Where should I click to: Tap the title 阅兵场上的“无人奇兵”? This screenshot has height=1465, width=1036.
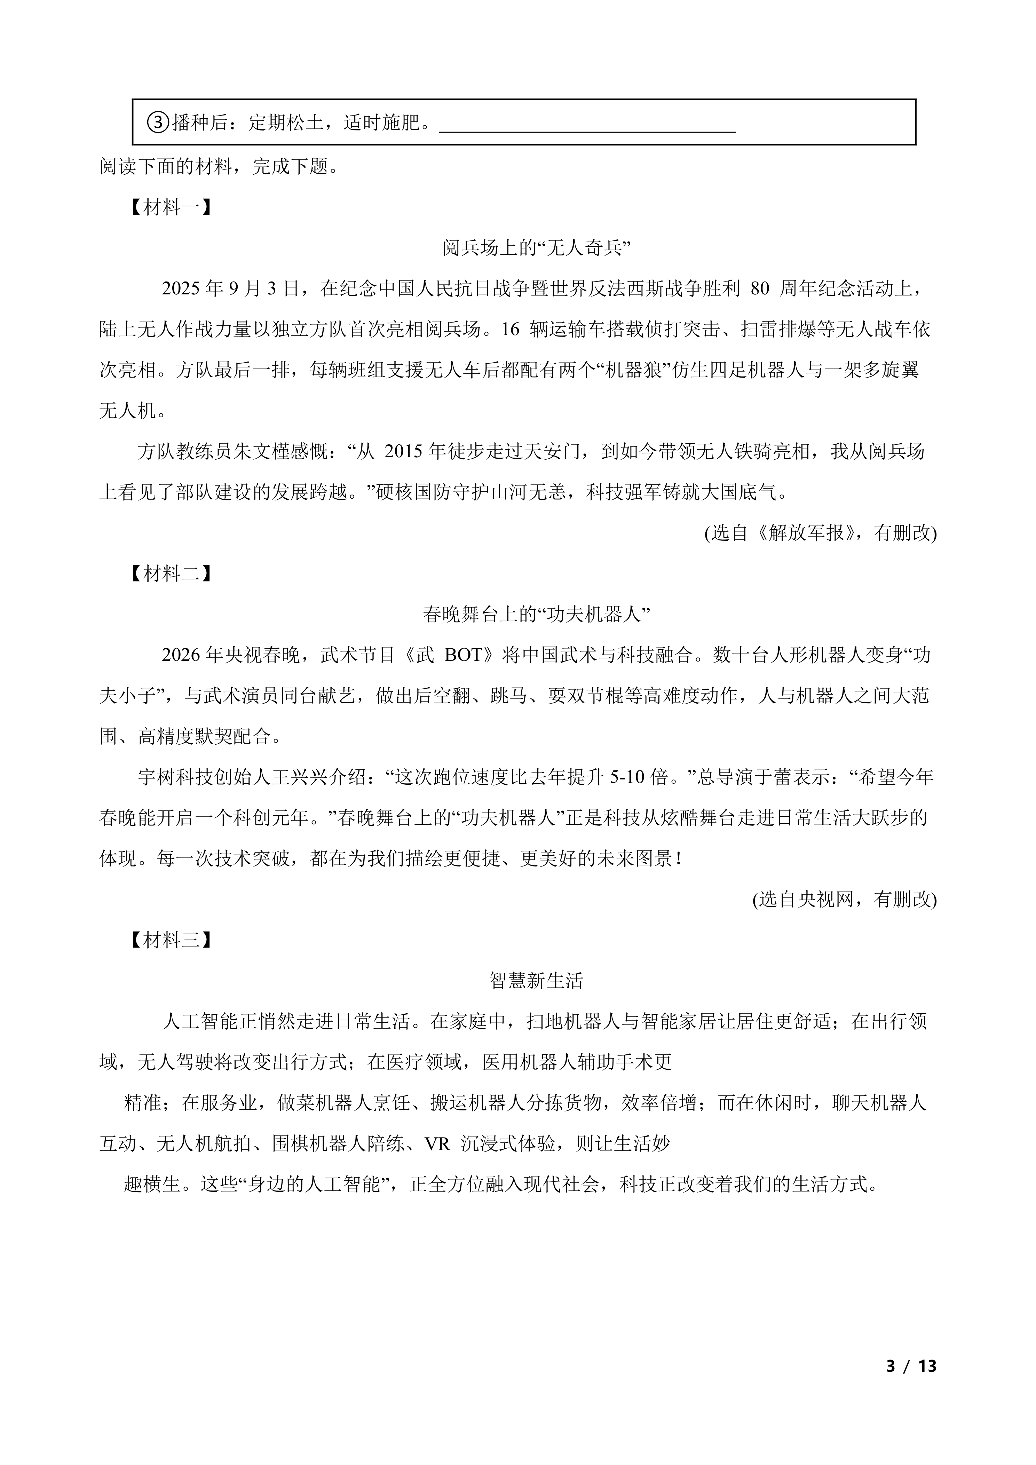pyautogui.click(x=537, y=248)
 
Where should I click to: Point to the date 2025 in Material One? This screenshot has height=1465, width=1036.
pyautogui.click(x=182, y=289)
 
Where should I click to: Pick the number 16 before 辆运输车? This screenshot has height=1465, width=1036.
pyautogui.click(x=511, y=330)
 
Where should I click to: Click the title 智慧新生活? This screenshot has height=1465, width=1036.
pyautogui.click(x=537, y=981)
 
